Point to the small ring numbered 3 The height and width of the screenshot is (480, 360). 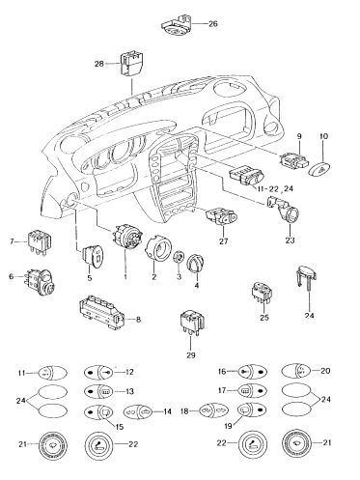[176, 258]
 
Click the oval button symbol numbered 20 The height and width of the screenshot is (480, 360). [295, 371]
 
